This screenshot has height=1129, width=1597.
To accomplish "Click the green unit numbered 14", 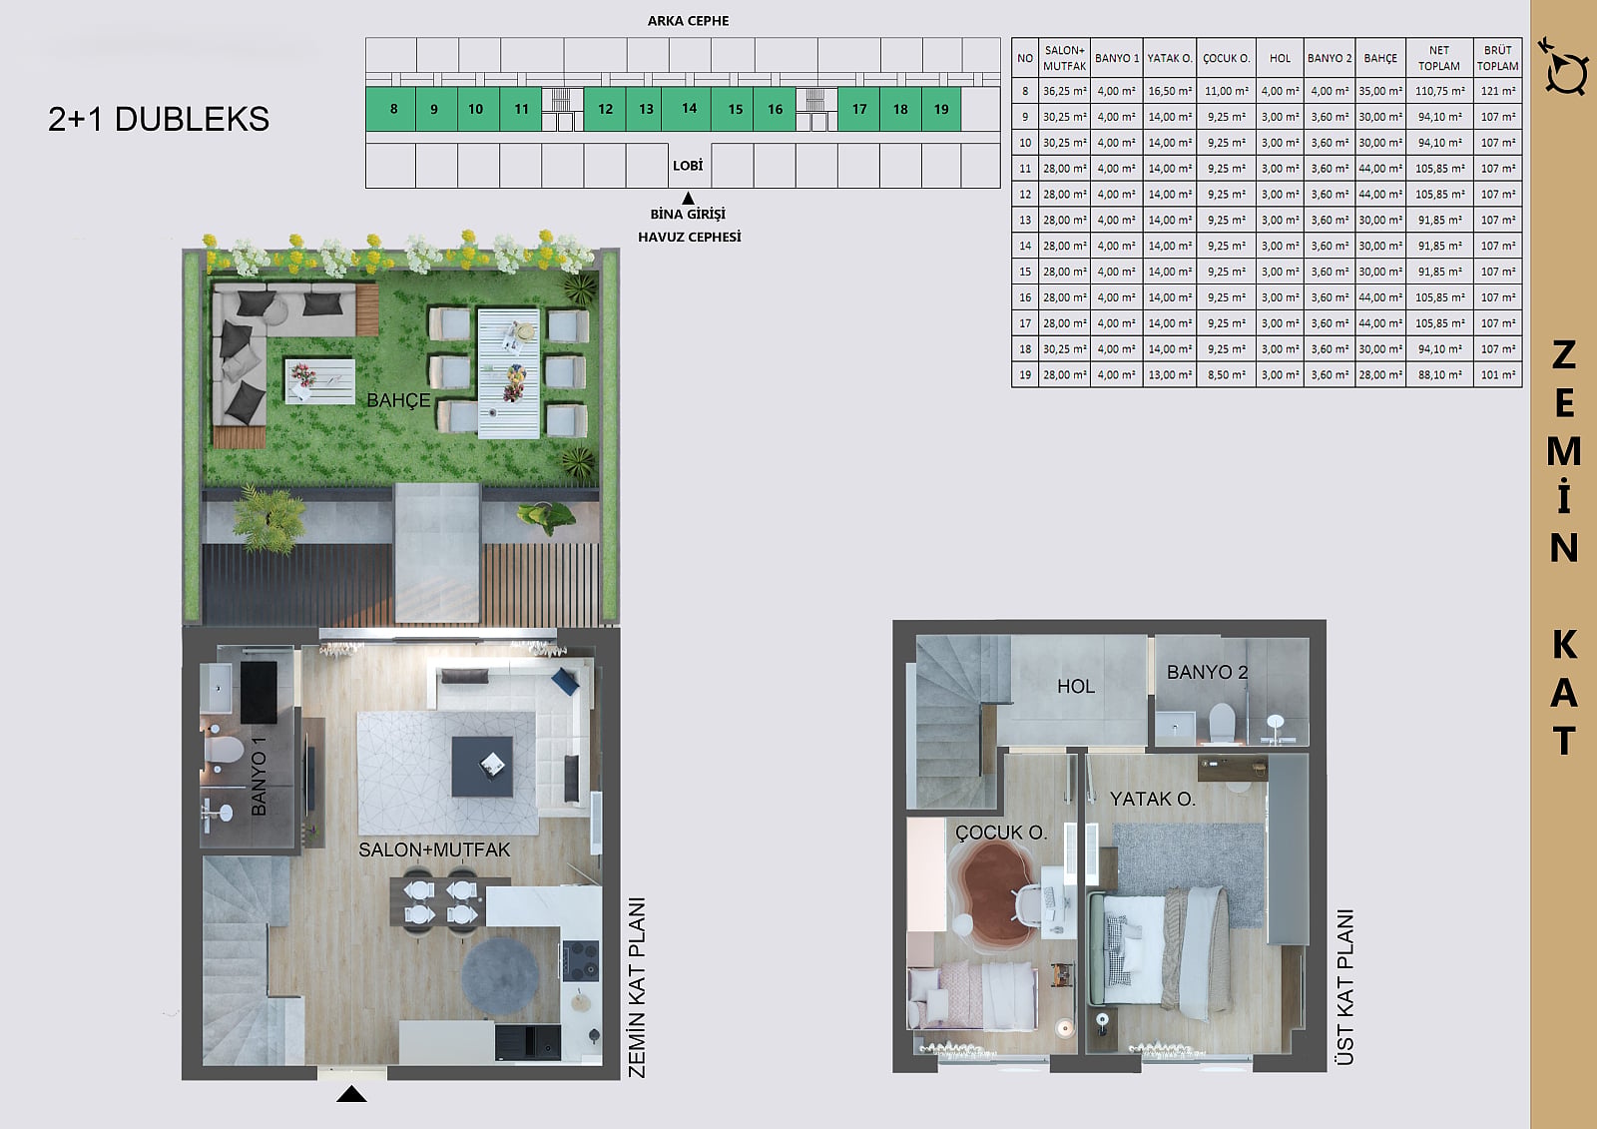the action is (x=688, y=109).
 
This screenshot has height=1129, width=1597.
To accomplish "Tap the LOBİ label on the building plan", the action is (x=688, y=166).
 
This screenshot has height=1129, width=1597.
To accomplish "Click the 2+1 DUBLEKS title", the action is (x=159, y=119).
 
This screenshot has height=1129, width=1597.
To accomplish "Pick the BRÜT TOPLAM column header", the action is (x=1497, y=58).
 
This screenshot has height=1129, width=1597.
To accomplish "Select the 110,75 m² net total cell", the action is (x=1439, y=91).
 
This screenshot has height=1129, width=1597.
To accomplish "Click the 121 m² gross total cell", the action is (x=1498, y=91).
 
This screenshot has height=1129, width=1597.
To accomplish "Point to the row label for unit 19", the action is (x=1025, y=374).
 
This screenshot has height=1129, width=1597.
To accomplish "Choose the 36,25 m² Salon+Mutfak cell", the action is (x=1064, y=91).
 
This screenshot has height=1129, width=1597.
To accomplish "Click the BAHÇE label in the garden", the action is (x=398, y=401).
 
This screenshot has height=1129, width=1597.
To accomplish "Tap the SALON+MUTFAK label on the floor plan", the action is (x=434, y=850).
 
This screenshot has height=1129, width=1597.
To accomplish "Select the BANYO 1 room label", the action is (x=259, y=776).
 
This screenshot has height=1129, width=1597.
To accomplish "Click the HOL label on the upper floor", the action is (x=1076, y=686).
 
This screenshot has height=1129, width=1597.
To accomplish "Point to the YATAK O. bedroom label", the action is (x=1153, y=800).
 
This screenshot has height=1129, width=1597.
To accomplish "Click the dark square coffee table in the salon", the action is (x=482, y=767).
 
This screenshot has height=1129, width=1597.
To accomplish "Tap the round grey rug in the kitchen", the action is (x=500, y=975).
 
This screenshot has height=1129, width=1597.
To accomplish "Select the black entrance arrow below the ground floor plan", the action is (x=351, y=1094).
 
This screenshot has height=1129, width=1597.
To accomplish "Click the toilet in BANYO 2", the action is (x=1221, y=721).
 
